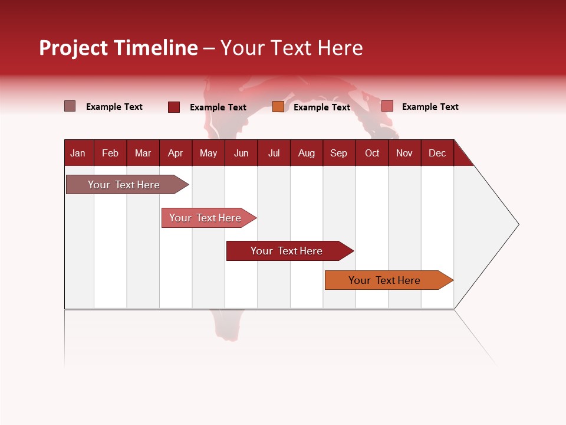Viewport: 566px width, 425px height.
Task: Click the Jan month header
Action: pyautogui.click(x=78, y=153)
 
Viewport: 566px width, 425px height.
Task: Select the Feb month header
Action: pyautogui.click(x=110, y=153)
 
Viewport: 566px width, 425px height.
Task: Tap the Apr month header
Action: pyautogui.click(x=175, y=153)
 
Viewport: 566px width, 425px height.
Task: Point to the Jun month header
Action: pyautogui.click(x=241, y=153)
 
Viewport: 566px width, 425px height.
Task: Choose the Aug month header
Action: pyautogui.click(x=306, y=153)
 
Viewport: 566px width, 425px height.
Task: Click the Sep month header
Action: pyautogui.click(x=338, y=153)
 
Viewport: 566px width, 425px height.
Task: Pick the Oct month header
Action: pyautogui.click(x=372, y=153)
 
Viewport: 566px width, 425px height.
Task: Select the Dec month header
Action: pyautogui.click(x=437, y=153)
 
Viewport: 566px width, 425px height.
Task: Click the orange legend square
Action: pyautogui.click(x=278, y=107)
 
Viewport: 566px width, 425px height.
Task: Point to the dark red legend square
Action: pyautogui.click(x=174, y=107)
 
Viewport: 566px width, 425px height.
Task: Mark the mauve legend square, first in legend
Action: pyautogui.click(x=70, y=106)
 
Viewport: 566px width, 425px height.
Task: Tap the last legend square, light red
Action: pyautogui.click(x=387, y=106)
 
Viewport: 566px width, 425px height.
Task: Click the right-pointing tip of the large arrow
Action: pyautogui.click(x=516, y=224)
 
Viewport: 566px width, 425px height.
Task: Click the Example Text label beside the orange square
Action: pyautogui.click(x=321, y=107)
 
